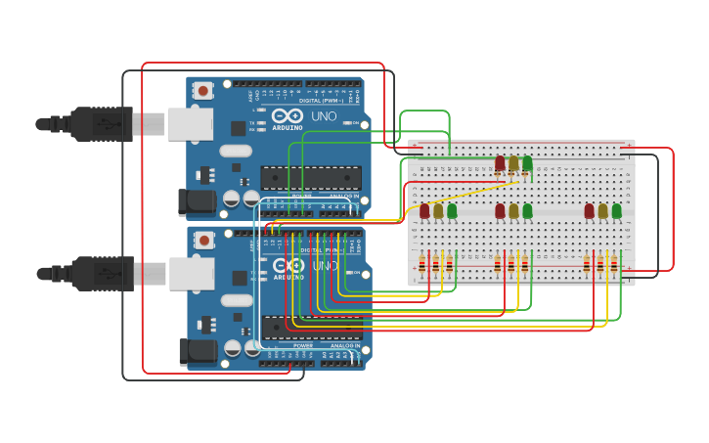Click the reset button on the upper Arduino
pos(202,91)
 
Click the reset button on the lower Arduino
pos(203,241)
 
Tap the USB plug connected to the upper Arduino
pos(98,124)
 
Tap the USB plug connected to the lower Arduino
pos(98,273)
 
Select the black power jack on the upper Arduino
pos(196,202)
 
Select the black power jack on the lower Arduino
pos(196,351)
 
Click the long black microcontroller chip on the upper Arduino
pos(310,177)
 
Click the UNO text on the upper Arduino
pos(324,116)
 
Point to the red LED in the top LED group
pos(500,163)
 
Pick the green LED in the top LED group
pos(527,163)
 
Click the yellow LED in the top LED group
pos(513,163)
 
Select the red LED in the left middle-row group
pos(424,210)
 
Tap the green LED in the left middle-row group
pos(452,210)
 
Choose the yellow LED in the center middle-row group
pos(513,210)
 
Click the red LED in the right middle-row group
pos(589,210)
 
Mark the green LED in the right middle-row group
pos(616,210)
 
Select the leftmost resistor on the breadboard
pos(422,265)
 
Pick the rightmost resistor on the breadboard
pos(614,265)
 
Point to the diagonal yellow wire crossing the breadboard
pos(460,193)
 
